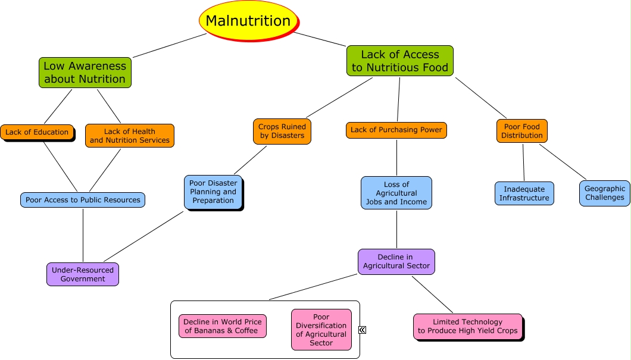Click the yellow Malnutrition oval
click(x=248, y=21)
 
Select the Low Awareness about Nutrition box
click(x=85, y=73)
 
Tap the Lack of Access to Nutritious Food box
click(x=400, y=61)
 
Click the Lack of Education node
click(x=37, y=132)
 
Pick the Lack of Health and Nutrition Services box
click(x=130, y=136)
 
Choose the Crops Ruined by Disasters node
click(x=282, y=131)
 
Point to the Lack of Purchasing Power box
click(x=396, y=130)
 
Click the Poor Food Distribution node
click(x=522, y=131)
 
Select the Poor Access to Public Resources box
click(x=83, y=200)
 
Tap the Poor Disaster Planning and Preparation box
click(x=213, y=192)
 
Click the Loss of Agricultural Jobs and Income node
click(x=396, y=193)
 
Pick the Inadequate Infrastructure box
click(x=524, y=193)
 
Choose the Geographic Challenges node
click(x=605, y=193)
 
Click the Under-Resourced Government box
click(x=83, y=274)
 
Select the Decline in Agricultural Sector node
click(x=396, y=261)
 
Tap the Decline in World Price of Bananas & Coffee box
click(x=223, y=326)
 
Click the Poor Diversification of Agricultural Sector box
click(x=321, y=330)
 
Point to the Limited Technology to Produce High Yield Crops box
click(x=468, y=326)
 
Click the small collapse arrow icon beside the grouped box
click(x=363, y=330)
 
